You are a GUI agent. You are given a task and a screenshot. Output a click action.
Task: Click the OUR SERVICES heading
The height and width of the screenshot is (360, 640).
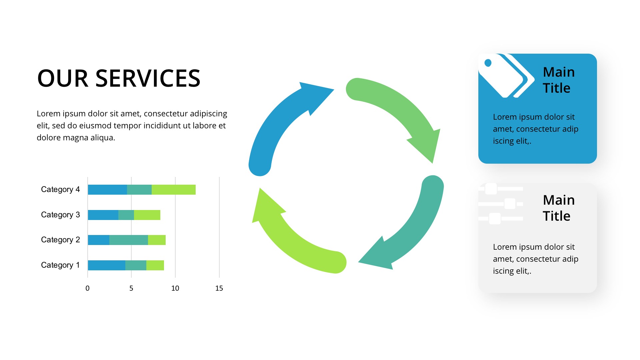119,78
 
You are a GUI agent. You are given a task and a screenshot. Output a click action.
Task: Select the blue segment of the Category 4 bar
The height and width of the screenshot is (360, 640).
107,190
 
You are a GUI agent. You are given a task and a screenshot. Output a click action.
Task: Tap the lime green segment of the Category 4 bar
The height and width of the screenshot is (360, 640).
174,190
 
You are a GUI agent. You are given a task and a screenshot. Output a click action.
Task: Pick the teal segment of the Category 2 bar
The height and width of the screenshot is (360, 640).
129,240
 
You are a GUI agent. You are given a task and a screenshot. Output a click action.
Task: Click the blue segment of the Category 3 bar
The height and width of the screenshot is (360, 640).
103,215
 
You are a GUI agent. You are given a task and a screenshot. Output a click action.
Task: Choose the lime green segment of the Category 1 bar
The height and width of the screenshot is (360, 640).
155,265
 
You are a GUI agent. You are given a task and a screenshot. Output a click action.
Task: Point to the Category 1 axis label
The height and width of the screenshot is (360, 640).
60,265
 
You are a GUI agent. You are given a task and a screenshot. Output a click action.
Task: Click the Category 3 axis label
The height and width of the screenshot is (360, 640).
60,215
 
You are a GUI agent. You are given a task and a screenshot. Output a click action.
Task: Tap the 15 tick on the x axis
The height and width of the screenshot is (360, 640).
219,288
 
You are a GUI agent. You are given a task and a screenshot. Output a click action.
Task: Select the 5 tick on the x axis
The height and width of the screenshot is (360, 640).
131,288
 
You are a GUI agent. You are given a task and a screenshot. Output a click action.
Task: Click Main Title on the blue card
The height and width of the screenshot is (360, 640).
559,80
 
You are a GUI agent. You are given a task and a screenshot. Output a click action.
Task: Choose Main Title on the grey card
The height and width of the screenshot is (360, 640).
559,208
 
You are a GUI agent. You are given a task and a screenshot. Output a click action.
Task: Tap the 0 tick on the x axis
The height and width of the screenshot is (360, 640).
87,288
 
